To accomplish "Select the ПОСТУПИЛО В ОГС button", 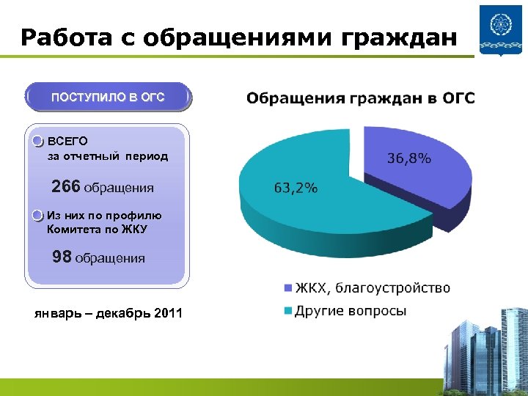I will pos(107,98).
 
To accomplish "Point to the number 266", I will pos(66,187).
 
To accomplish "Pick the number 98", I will pos(62,257).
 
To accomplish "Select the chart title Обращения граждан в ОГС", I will pos(360,98).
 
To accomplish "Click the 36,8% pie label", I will pos(408,158).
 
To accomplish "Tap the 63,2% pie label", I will pos(296,188).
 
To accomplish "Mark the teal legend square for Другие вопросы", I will pos(287,312).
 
